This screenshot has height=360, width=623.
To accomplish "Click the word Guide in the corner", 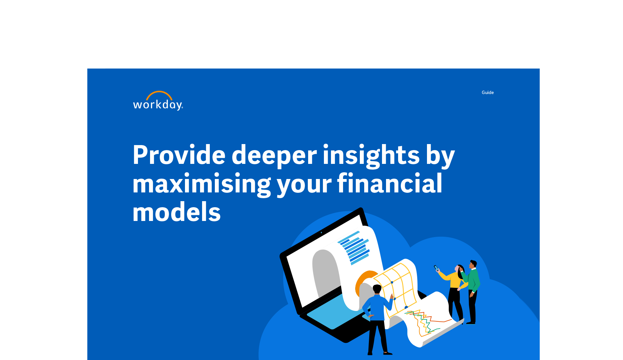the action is [487, 92].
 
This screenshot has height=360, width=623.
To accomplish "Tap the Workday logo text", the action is [158, 105].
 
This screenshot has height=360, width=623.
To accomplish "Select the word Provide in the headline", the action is [179, 155].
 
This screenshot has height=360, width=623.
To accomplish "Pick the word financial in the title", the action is [390, 183].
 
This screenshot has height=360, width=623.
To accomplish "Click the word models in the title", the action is [177, 212].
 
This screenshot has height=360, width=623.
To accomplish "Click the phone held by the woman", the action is [436, 268].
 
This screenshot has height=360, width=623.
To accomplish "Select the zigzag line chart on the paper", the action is [425, 322].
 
